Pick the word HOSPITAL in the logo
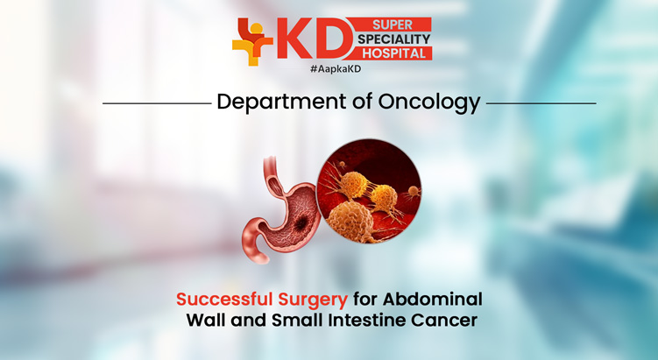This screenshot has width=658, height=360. point(395,53)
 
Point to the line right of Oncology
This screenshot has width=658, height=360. point(541,103)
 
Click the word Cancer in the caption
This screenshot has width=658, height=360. point(449,321)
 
